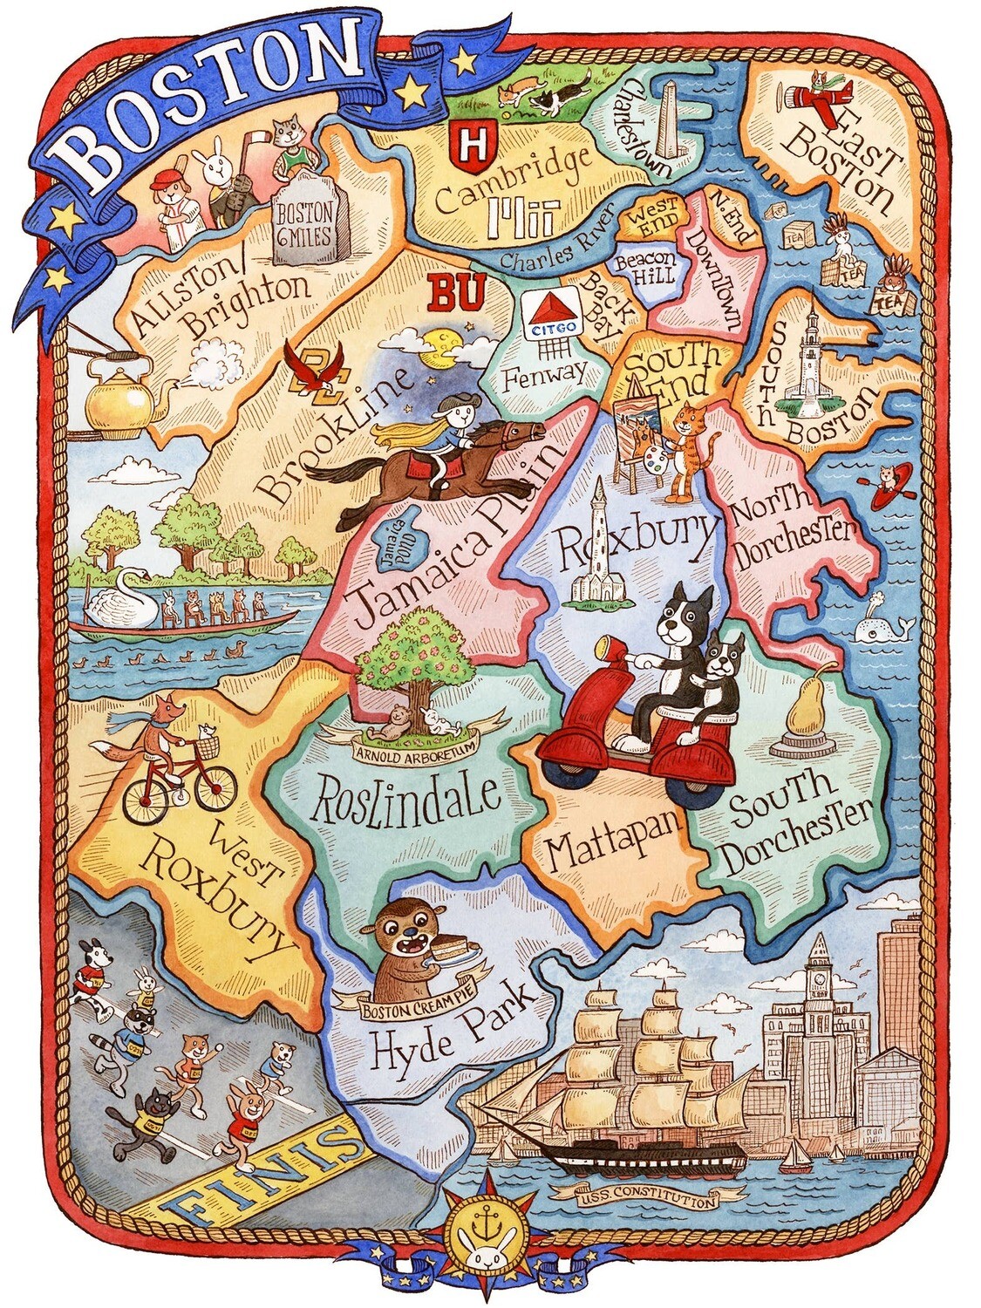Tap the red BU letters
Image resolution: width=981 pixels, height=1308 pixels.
[456, 292]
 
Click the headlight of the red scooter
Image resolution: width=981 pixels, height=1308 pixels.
[603, 648]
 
